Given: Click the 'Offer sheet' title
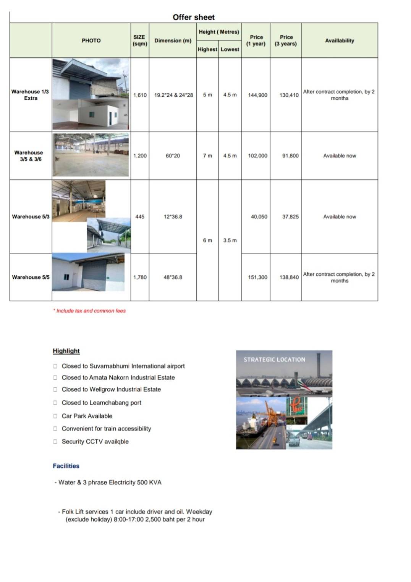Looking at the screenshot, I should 194,17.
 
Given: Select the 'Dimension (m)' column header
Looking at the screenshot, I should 173,41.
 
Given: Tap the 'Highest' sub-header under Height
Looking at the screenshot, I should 207,49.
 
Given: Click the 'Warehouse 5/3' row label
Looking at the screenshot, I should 31,216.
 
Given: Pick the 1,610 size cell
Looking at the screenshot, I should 140,95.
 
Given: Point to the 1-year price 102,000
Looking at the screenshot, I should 257,156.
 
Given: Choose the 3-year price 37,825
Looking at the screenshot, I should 290,216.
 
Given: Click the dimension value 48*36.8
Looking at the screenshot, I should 173,277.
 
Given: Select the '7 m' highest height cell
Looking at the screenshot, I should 207,156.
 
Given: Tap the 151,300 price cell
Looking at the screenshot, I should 257,277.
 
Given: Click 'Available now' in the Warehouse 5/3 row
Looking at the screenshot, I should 340,216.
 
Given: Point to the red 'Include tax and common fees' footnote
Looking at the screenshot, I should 89,311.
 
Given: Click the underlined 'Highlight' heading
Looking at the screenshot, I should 66,351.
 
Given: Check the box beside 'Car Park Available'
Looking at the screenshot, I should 55,416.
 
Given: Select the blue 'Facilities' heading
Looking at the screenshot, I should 66,466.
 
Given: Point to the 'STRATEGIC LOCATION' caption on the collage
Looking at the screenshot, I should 274,359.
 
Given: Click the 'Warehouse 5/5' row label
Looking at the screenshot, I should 31,277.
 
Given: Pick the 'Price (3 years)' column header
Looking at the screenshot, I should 286,40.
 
